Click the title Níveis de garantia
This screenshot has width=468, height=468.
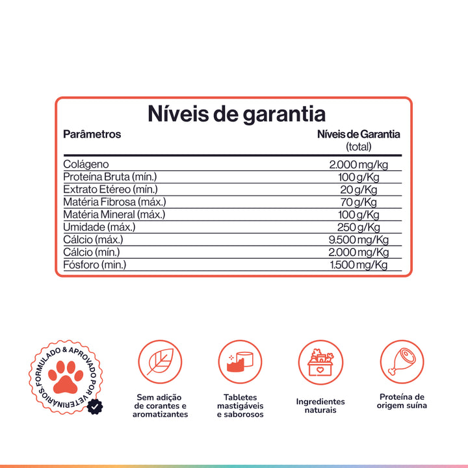click(236, 114)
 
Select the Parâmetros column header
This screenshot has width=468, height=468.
click(92, 135)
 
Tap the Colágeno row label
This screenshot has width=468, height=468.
click(86, 164)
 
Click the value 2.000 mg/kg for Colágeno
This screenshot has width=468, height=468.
click(359, 164)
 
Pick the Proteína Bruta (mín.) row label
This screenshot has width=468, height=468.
click(110, 177)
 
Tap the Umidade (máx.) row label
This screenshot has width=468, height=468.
click(99, 227)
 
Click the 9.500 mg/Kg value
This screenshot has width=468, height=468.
click(359, 239)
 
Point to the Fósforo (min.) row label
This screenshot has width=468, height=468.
click(95, 265)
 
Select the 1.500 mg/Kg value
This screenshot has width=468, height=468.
click(359, 265)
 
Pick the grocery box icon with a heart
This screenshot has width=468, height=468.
click(320, 363)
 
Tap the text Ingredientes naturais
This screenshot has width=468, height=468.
click(320, 406)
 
